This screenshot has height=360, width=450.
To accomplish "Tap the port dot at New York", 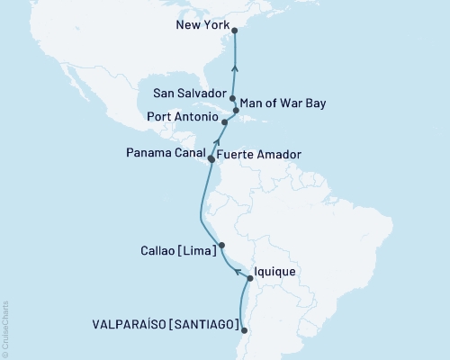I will tap(234, 31).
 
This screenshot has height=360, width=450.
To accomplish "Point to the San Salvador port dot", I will tap(233, 99).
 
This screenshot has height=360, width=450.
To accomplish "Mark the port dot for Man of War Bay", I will tap(237, 111).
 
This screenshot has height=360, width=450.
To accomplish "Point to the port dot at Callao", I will tap(222, 245).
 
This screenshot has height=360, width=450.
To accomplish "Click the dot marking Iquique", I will tap(250, 278).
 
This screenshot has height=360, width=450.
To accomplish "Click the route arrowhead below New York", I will tap(234, 67).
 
